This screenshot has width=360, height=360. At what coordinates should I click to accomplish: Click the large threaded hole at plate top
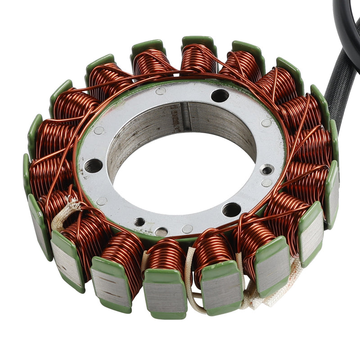coord(220,95)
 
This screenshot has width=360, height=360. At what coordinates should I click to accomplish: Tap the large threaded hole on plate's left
coord(94,166)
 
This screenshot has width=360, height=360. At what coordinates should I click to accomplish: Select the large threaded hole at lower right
coord(231,209)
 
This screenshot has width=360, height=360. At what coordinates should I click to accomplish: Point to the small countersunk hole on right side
coord(267,171)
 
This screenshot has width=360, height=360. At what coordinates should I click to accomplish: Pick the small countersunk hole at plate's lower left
coord(139,222)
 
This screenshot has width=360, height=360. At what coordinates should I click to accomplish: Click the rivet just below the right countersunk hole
coord(266,183)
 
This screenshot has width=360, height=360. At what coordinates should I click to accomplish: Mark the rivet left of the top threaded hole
coord(161,91)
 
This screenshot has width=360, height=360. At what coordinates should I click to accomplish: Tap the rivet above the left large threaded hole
coord(98,130)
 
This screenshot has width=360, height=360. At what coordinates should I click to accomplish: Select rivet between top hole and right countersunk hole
coord(266,122)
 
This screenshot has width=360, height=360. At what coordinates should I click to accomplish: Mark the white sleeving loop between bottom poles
coord(191,288)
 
